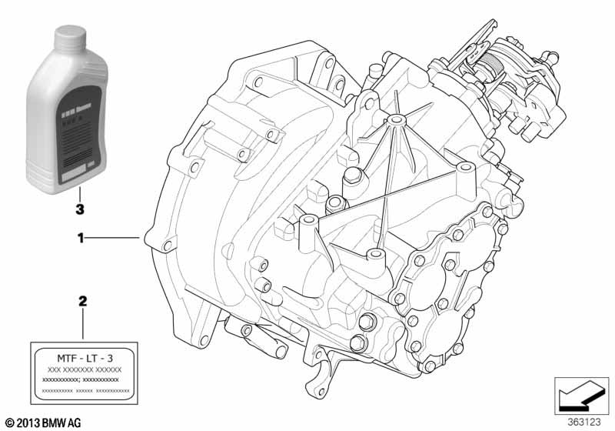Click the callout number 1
[79, 239]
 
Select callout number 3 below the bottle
[79, 209]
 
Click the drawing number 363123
[587, 422]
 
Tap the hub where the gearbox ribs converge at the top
[395, 120]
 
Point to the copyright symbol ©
[9, 422]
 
